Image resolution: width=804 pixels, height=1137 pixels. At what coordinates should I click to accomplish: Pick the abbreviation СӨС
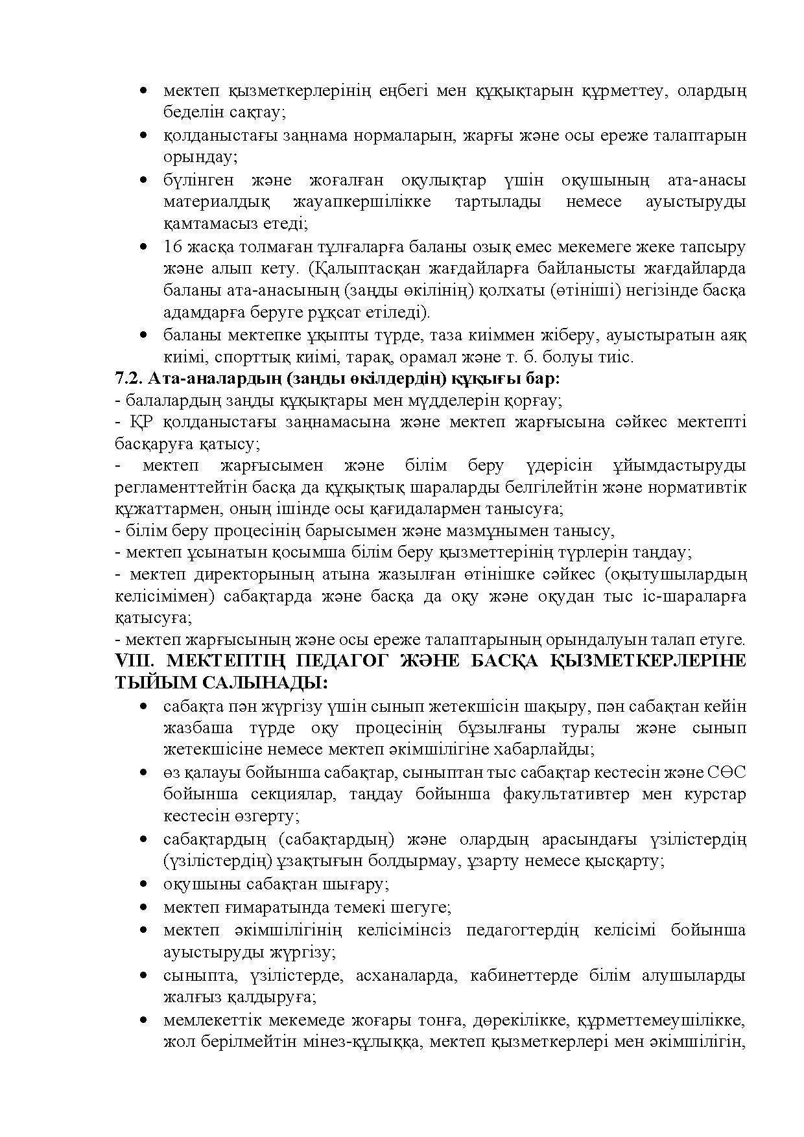[x=726, y=773]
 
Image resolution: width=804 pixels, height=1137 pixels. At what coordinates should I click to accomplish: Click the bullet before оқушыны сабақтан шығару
[x=143, y=884]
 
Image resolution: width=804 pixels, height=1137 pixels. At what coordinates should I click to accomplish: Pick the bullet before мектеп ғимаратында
[x=143, y=907]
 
